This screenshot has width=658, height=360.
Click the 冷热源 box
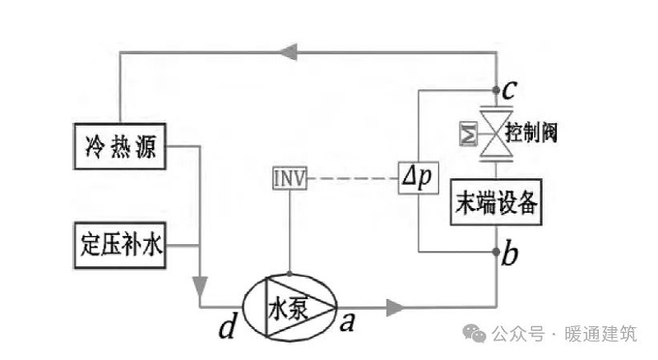point(120,150)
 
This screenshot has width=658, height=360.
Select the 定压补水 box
point(120,244)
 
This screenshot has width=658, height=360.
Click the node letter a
point(346,322)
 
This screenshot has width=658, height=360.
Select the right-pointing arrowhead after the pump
point(394,307)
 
